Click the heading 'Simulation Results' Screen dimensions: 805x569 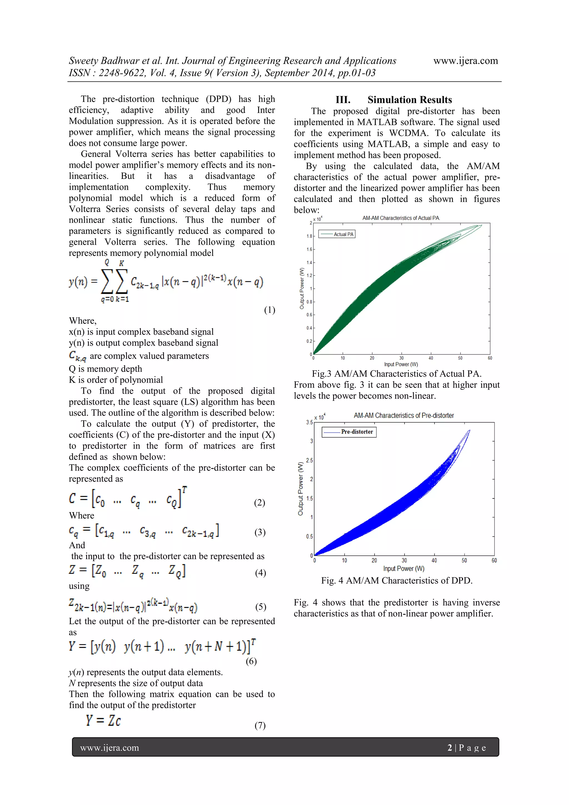[410, 100]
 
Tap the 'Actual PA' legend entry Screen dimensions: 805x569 [343, 234]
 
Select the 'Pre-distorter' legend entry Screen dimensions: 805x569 [357, 432]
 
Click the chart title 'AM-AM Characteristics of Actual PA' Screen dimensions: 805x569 [401, 218]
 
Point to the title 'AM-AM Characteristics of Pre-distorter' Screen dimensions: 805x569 [403, 415]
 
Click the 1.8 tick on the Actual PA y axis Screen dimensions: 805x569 [309, 236]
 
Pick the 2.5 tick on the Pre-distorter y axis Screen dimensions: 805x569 [309, 460]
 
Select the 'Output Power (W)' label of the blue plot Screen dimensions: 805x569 [300, 489]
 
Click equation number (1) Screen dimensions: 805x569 [269, 310]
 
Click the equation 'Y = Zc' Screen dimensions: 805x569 [103, 721]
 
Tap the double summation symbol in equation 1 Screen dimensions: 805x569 [114, 281]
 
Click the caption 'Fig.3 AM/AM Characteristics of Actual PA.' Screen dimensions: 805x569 [396, 374]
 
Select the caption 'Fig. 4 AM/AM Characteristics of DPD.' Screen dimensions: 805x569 [396, 580]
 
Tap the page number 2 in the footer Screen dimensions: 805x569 [450, 748]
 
